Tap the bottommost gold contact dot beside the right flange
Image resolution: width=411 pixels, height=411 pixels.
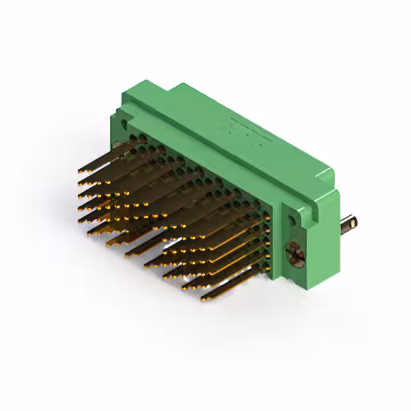[265, 265]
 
